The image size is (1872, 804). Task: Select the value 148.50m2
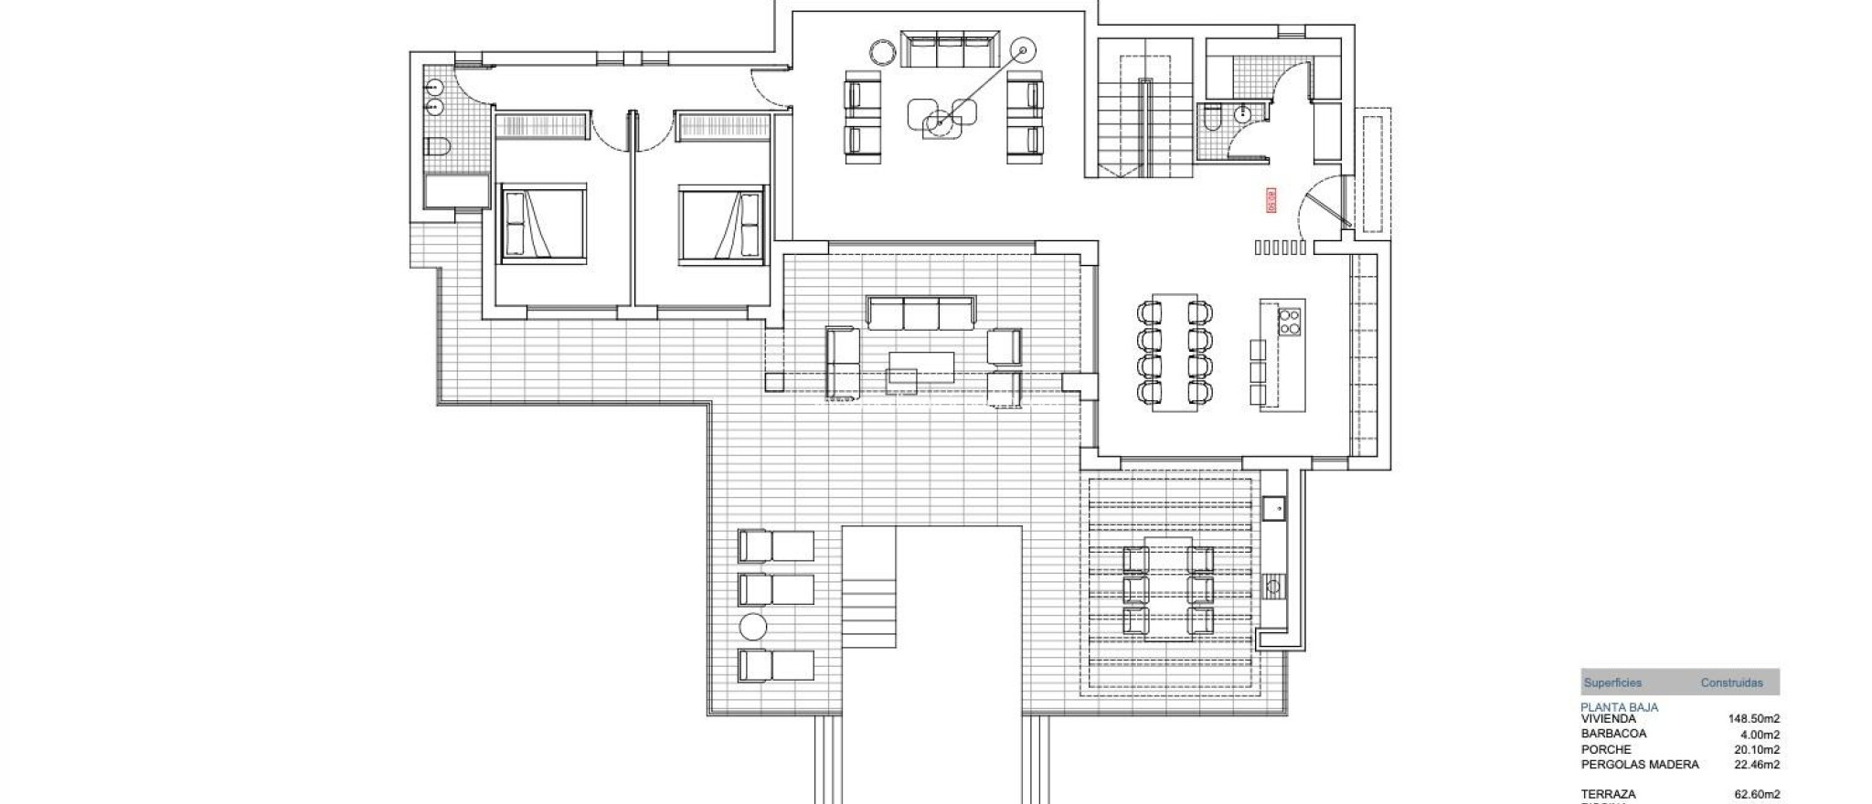click(x=1753, y=719)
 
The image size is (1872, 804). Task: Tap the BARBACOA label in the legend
click(x=1613, y=734)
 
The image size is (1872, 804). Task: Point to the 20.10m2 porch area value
click(x=1753, y=749)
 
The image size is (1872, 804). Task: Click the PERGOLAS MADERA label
click(x=1640, y=764)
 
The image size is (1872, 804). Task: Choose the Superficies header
click(x=1612, y=682)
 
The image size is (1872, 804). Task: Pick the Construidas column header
click(x=1731, y=682)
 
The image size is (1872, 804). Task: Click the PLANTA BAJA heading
click(x=1619, y=707)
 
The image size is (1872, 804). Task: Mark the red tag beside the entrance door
click(x=1271, y=201)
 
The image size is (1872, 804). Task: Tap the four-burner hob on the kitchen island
click(x=1289, y=322)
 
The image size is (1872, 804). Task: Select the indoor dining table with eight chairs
click(x=1175, y=353)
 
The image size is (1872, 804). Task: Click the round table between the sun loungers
click(x=753, y=627)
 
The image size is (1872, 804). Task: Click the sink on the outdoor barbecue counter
click(x=1273, y=505)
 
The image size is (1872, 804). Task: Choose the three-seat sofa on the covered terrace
click(x=920, y=312)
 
